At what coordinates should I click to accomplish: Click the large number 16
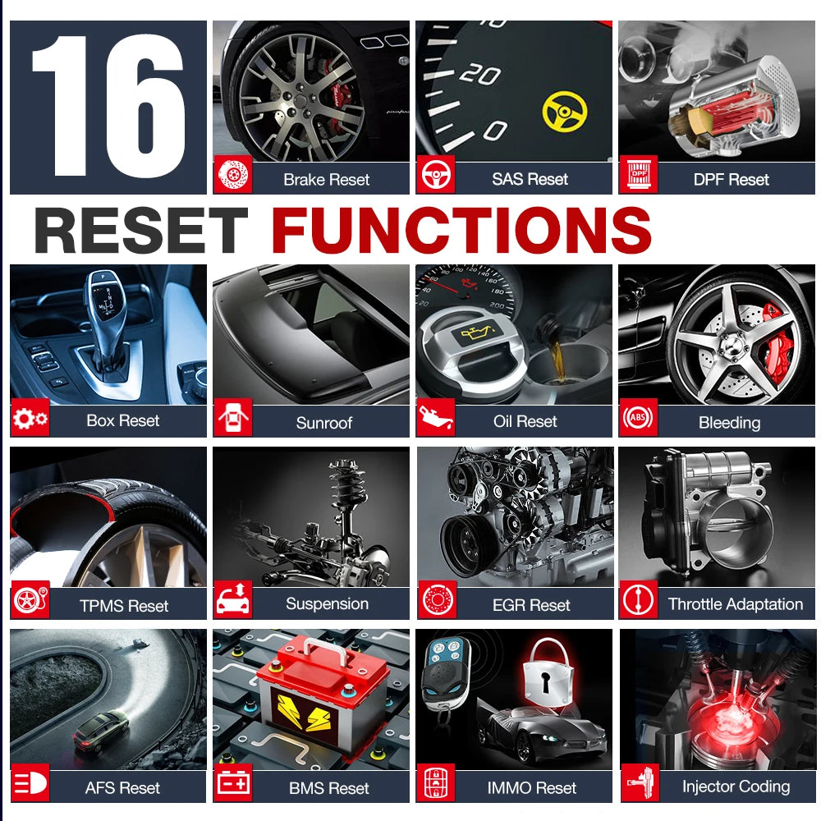pyautogui.click(x=108, y=106)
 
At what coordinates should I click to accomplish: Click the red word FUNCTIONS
pyautogui.click(x=461, y=229)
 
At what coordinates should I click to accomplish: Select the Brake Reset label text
pyautogui.click(x=326, y=180)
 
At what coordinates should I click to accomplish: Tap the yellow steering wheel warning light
pyautogui.click(x=565, y=111)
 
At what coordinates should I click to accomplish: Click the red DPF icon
pyautogui.click(x=638, y=175)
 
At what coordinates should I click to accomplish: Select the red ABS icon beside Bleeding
pyautogui.click(x=638, y=417)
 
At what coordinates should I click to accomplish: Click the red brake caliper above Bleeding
pyautogui.click(x=777, y=341)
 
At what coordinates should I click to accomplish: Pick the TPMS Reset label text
pyautogui.click(x=124, y=606)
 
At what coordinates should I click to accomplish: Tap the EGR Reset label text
pyautogui.click(x=531, y=605)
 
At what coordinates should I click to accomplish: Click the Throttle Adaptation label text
pyautogui.click(x=736, y=604)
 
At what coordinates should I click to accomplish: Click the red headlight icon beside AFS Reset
pyautogui.click(x=30, y=782)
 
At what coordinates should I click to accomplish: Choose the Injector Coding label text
pyautogui.click(x=736, y=787)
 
